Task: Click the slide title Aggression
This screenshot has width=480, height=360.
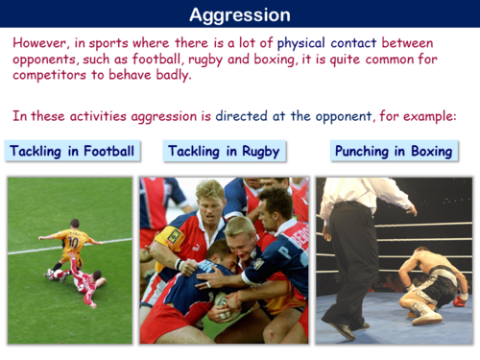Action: (x=239, y=14)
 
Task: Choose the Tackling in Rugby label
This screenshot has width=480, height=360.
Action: (x=223, y=152)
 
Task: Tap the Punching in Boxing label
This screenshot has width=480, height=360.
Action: (x=394, y=152)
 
